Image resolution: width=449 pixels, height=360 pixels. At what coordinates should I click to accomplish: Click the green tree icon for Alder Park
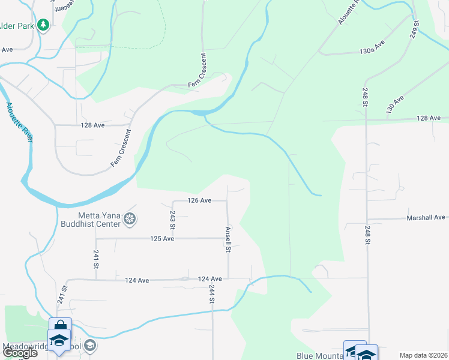(x=43, y=25)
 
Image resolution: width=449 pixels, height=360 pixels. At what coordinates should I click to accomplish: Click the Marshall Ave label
(x=426, y=217)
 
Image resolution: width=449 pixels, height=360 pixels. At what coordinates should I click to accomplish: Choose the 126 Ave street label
(x=199, y=200)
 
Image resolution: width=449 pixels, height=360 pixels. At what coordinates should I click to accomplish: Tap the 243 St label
(x=172, y=220)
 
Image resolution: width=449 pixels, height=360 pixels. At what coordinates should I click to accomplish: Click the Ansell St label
(x=228, y=238)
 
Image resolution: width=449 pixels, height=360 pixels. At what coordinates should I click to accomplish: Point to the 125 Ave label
(x=162, y=239)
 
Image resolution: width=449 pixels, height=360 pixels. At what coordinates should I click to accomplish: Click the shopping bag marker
(x=60, y=326)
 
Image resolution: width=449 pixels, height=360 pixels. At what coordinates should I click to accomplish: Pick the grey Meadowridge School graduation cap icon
(x=89, y=345)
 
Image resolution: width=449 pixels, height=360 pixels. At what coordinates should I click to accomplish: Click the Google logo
(x=19, y=353)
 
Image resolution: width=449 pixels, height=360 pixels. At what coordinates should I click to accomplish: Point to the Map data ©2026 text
(x=423, y=355)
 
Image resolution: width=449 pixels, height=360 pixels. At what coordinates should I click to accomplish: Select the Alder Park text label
(x=17, y=25)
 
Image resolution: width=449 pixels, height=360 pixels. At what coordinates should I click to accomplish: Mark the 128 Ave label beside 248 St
(x=429, y=118)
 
